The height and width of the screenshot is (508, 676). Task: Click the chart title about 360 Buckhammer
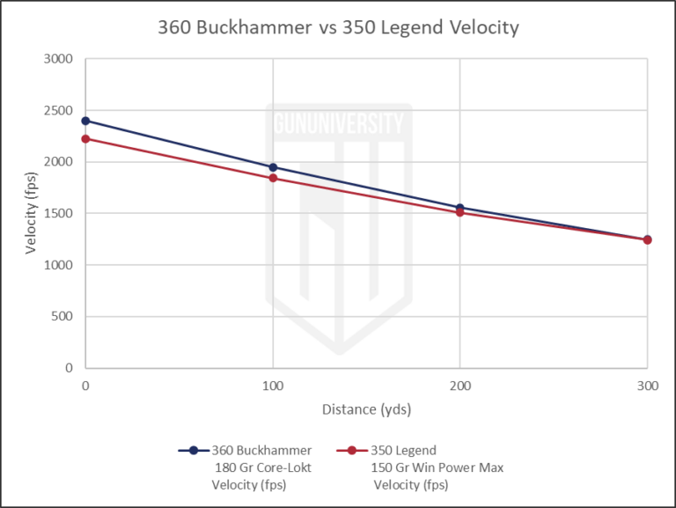(338, 28)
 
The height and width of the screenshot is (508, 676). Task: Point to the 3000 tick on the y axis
(61, 60)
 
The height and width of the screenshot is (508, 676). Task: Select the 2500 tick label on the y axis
(61, 111)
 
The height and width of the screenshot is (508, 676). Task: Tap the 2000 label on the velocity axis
(61, 162)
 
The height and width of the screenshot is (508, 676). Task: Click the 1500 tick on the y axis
(61, 214)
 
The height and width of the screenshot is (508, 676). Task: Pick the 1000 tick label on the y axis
(61, 265)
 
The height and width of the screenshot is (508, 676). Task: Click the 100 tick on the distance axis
(273, 386)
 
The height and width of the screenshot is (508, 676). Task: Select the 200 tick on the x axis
(460, 386)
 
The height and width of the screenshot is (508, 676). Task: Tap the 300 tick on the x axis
(648, 386)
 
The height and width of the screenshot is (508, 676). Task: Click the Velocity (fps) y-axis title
(31, 214)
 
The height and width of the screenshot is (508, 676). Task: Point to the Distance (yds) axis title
(367, 409)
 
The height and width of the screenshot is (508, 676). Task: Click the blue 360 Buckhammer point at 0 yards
(85, 121)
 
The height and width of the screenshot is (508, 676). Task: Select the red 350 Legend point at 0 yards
(85, 139)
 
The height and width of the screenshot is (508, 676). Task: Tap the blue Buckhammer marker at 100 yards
(273, 167)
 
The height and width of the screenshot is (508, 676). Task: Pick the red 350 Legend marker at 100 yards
(273, 178)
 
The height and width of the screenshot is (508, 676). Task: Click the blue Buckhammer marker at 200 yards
(460, 208)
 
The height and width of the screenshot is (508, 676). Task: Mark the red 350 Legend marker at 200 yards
(460, 212)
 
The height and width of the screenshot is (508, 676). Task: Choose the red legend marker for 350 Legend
(351, 451)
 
